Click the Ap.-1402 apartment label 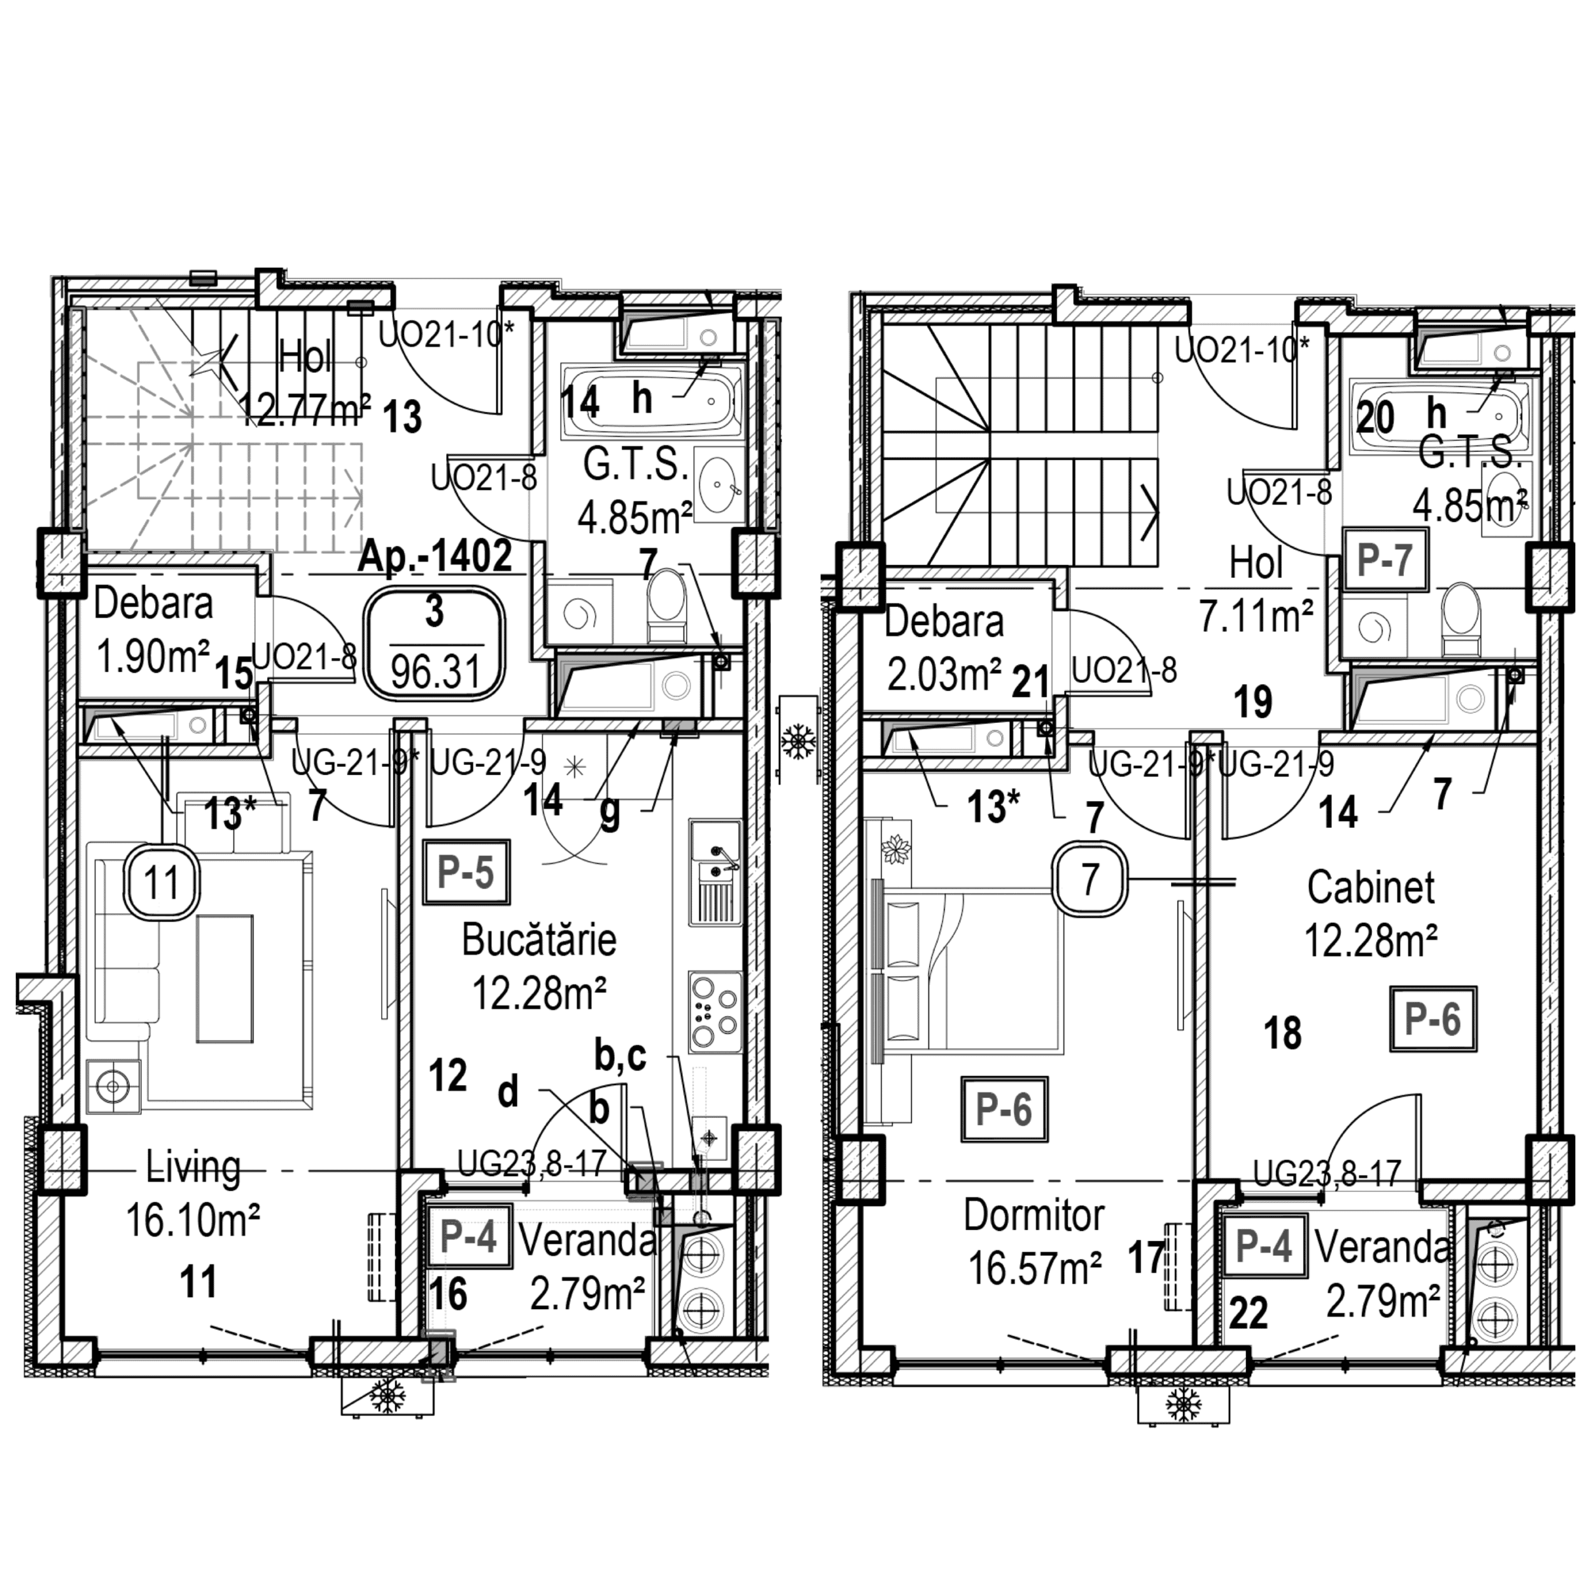435,557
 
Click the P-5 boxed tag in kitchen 466,872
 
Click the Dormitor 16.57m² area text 1034,1267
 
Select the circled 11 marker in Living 162,883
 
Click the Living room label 193,1168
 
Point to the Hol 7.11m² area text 1256,615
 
